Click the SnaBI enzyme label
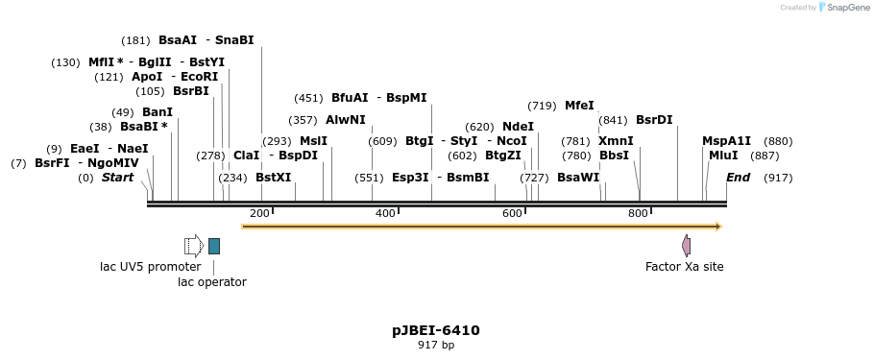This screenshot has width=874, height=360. (234, 40)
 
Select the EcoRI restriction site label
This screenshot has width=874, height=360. (199, 77)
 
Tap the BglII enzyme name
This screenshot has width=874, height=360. (154, 62)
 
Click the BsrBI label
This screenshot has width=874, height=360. (190, 91)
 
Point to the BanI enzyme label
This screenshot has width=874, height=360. (158, 112)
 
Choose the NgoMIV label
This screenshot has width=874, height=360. (112, 163)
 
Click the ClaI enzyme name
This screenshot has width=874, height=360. (246, 156)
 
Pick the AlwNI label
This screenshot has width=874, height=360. (346, 120)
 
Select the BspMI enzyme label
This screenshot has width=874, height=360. (406, 98)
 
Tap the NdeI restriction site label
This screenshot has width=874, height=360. (518, 127)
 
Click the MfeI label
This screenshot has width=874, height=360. (579, 106)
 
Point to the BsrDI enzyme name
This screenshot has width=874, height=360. (654, 120)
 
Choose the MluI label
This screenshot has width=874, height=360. (723, 156)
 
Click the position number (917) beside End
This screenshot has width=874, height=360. (778, 178)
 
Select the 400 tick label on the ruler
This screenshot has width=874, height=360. (385, 213)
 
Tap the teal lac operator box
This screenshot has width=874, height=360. (214, 246)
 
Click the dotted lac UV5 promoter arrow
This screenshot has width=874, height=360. (193, 246)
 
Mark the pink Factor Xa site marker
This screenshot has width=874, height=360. (686, 246)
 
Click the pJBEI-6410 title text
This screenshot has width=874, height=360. (436, 330)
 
